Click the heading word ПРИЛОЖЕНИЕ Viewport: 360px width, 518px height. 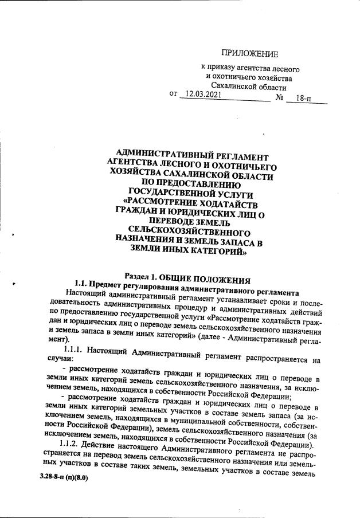(249, 54)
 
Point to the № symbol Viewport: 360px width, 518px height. (280, 98)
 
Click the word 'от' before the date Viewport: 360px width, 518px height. (174, 93)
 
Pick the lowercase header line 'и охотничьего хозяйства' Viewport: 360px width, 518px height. (249, 78)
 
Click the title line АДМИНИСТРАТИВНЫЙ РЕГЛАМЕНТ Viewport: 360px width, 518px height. (192, 155)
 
